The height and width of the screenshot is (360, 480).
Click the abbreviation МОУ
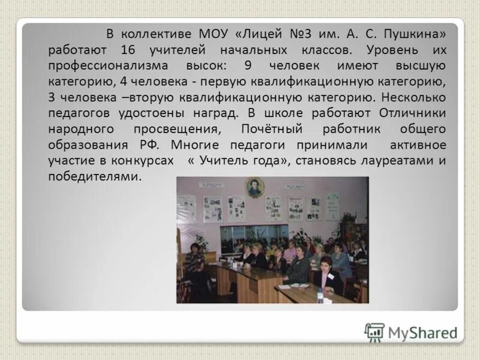click(211, 34)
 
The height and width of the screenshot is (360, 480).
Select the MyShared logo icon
click(374, 332)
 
